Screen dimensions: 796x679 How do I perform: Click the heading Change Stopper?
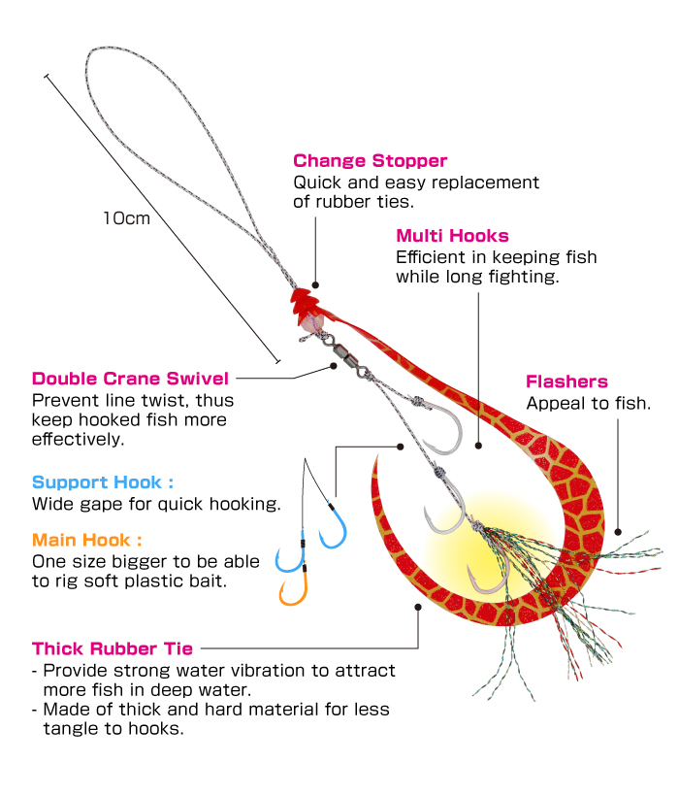(370, 161)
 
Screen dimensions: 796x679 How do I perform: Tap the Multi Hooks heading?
(452, 236)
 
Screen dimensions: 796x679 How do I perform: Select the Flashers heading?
(566, 381)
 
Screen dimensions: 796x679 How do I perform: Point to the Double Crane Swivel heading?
(130, 379)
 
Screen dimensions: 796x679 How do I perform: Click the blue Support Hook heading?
(103, 482)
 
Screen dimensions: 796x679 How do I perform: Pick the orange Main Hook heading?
(87, 540)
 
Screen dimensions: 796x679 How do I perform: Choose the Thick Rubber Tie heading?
(113, 648)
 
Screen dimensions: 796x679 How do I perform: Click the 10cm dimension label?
(127, 218)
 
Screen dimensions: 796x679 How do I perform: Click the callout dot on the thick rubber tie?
(418, 607)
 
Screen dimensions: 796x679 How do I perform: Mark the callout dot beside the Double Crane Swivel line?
(333, 366)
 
